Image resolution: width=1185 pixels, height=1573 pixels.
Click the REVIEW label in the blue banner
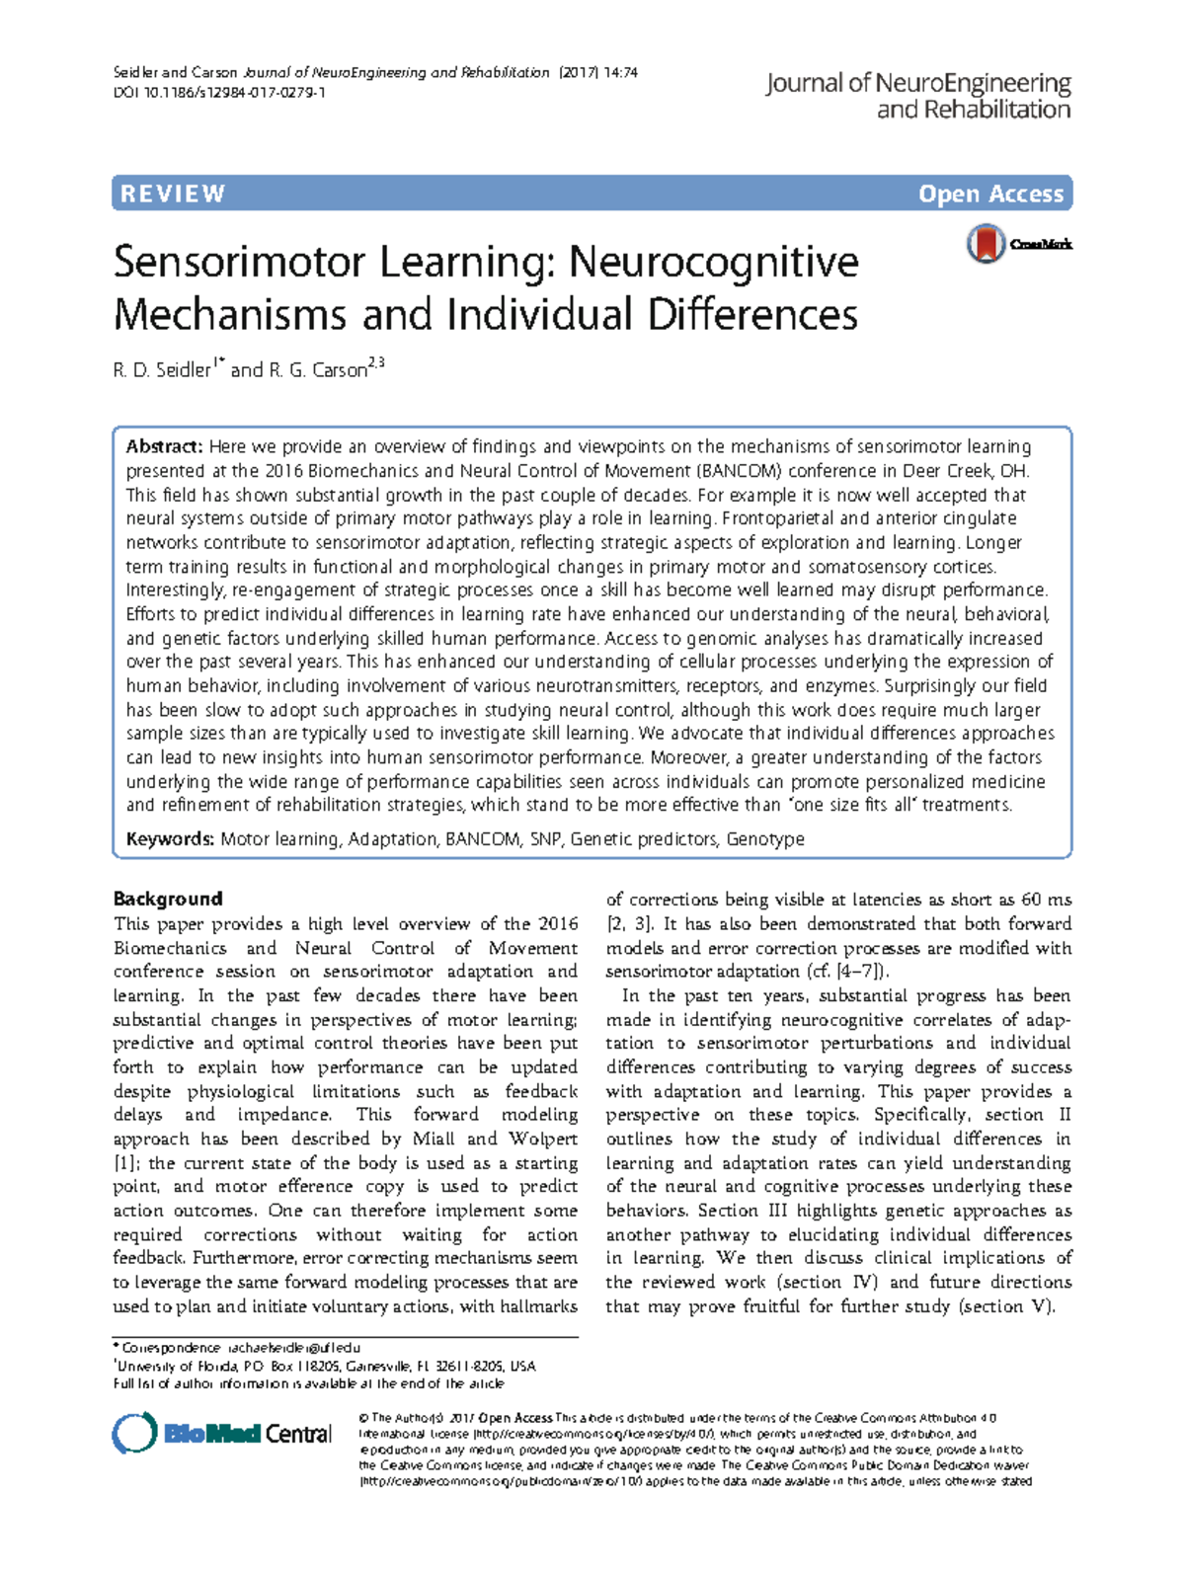click(173, 194)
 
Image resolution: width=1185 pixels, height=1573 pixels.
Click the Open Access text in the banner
click(990, 194)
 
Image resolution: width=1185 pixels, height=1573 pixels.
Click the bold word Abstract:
click(164, 446)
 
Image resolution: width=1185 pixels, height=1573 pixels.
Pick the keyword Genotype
click(765, 839)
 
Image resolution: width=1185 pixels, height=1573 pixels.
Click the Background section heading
click(168, 899)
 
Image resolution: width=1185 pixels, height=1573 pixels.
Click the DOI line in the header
click(219, 93)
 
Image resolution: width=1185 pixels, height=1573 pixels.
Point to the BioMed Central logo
click(222, 1433)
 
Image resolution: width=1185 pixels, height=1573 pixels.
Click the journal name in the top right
click(918, 96)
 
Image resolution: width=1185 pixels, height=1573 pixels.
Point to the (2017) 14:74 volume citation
click(598, 72)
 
